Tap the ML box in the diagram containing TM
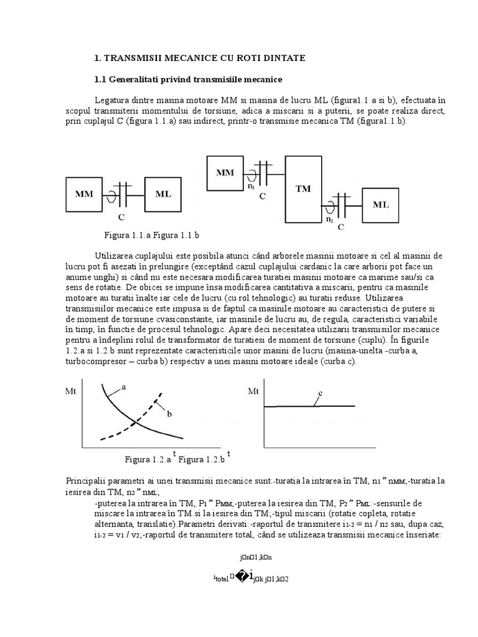381,203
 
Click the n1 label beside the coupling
251,186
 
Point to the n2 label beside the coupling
329,219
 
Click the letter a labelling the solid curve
124,386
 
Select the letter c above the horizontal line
320,393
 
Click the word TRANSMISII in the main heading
131,57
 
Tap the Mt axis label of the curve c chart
253,391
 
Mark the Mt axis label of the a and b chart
70,391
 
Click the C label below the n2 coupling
341,228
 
